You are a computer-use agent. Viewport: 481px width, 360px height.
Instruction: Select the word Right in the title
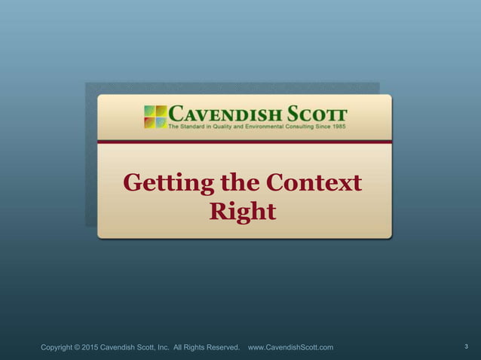click(x=242, y=212)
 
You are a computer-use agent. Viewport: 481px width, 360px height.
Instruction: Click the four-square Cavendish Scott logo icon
click(x=155, y=117)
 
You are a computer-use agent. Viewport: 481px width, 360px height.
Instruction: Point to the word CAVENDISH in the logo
click(x=223, y=114)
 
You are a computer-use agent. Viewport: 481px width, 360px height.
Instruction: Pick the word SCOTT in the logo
click(x=315, y=114)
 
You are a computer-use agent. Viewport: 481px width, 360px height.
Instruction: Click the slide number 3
click(x=466, y=346)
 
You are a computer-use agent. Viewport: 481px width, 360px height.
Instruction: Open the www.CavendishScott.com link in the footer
click(x=290, y=347)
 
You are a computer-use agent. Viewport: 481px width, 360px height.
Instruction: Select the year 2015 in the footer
click(x=101, y=347)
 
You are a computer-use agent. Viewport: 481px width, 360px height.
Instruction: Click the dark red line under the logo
click(x=244, y=141)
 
